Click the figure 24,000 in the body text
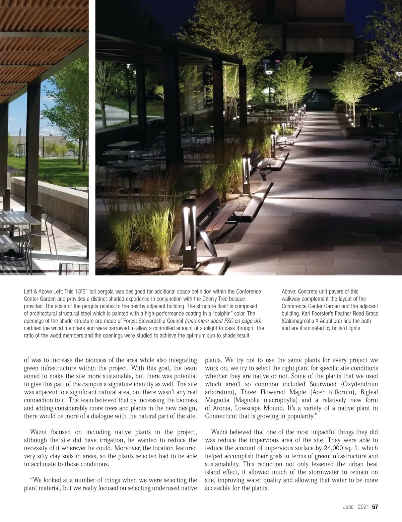(x=337, y=448)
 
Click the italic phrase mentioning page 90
(x=223, y=321)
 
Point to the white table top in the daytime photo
(x=17, y=218)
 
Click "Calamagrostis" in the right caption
(x=298, y=321)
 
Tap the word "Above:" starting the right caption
(x=289, y=291)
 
